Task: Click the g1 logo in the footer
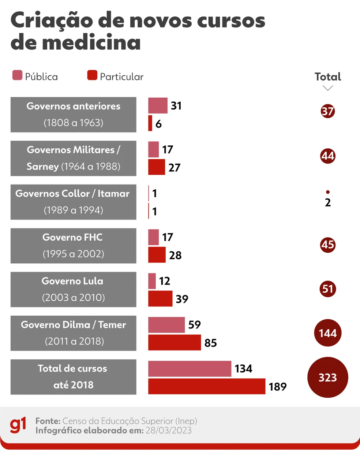[x=18, y=425]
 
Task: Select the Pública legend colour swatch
[x=17, y=75]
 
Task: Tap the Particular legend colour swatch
[x=92, y=75]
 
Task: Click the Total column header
[x=328, y=77]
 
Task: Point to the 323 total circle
[x=328, y=377]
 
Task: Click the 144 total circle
[x=328, y=333]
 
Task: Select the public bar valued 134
[x=190, y=369]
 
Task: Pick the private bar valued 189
[x=207, y=386]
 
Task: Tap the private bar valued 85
[x=175, y=343]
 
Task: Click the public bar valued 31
[x=158, y=105]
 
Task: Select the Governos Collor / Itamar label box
[x=73, y=202]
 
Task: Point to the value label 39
[x=182, y=299]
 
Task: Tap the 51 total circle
[x=328, y=289]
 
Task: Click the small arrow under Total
[x=328, y=88]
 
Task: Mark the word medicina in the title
[x=91, y=42]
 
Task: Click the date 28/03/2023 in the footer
[x=169, y=430]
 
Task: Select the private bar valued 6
[x=150, y=123]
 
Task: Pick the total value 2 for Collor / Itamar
[x=328, y=203]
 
